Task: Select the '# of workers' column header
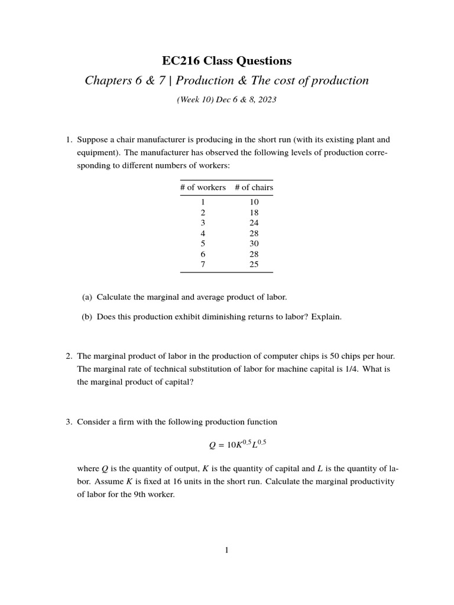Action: (203, 187)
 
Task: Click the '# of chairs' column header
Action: (254, 187)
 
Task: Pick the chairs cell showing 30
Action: (254, 243)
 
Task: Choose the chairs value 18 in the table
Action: (254, 213)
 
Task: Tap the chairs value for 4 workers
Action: (254, 233)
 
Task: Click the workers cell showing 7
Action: (203, 264)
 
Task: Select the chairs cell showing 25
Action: (254, 264)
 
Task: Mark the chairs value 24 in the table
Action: (254, 223)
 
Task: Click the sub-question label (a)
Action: (87, 297)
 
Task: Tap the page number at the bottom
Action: (227, 551)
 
